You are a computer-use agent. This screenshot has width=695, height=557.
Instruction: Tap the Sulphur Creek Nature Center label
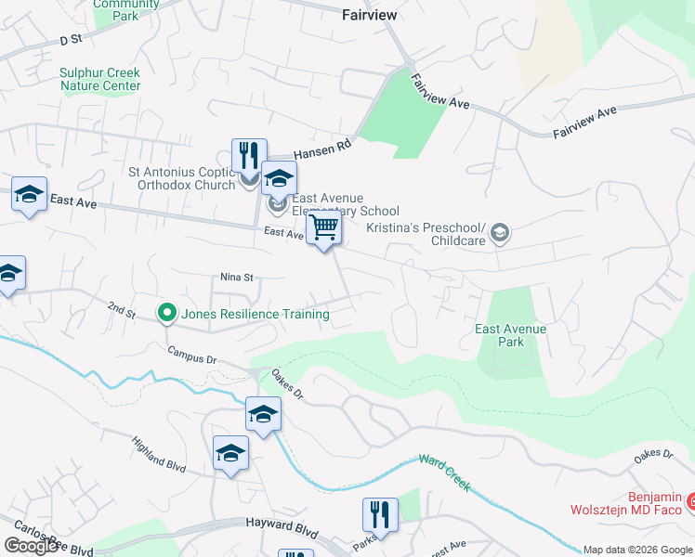pos(100,79)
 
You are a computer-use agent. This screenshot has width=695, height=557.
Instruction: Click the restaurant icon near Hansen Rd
pos(248,156)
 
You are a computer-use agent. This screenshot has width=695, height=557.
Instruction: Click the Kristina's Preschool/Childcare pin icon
pos(501,232)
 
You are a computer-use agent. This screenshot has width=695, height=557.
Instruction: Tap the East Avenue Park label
pos(510,335)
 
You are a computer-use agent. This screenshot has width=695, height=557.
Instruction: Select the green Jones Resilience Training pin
pos(166,314)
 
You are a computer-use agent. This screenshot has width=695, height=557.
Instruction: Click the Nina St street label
pos(237,277)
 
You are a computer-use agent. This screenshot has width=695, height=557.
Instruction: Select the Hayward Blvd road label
pos(281,525)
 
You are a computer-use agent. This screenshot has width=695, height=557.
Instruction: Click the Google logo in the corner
pos(31,546)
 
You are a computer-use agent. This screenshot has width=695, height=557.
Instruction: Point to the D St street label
pos(71,40)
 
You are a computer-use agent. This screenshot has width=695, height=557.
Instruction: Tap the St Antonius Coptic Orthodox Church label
pos(182,177)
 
